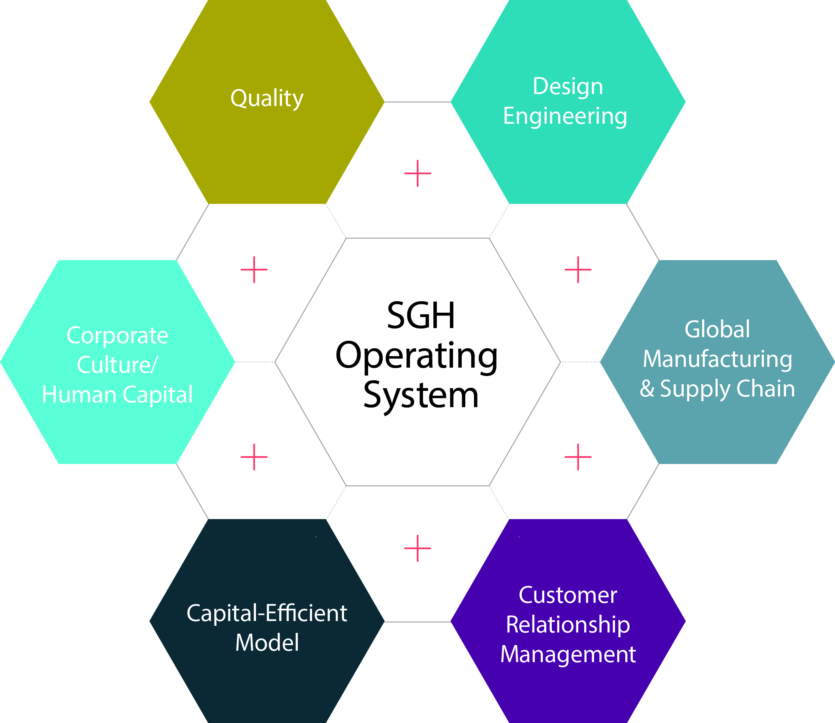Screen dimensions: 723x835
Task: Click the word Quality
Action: click(267, 98)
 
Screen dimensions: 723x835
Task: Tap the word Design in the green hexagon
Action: click(568, 86)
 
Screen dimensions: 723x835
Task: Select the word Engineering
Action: click(565, 116)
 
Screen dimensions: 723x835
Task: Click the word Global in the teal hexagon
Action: click(717, 329)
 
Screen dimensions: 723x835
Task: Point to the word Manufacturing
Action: click(717, 359)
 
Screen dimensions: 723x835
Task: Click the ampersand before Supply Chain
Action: click(647, 389)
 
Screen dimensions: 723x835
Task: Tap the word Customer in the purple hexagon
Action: click(568, 595)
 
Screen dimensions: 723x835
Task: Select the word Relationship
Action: click(568, 625)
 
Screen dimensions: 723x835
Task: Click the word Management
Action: click(568, 654)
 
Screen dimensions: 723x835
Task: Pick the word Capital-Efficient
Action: click(267, 613)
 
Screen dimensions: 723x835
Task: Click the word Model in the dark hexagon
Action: click(267, 643)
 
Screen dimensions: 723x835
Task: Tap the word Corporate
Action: click(117, 335)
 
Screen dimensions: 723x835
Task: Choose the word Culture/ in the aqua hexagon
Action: click(117, 365)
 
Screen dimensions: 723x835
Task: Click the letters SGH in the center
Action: click(421, 315)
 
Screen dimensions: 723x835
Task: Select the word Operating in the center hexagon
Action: click(416, 355)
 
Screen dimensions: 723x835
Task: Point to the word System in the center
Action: click(421, 395)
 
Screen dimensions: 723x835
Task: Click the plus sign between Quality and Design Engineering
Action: click(417, 174)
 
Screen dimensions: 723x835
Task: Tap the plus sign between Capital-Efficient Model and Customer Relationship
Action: click(417, 548)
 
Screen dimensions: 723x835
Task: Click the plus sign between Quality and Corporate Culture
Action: click(254, 270)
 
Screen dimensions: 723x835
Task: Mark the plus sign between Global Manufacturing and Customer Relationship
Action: click(578, 457)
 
